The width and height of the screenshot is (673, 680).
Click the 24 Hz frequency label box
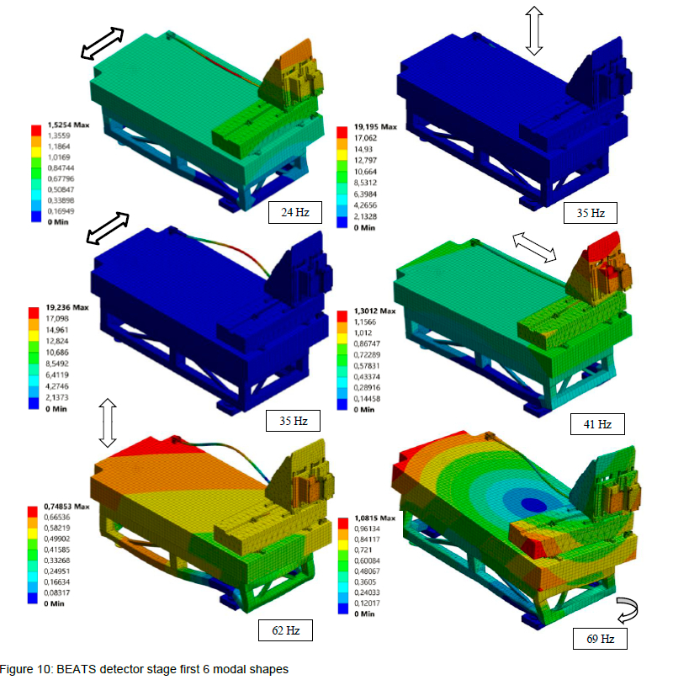point(295,212)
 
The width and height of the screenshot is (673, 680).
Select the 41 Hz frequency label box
point(597,424)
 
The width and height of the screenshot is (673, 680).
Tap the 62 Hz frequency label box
point(285,630)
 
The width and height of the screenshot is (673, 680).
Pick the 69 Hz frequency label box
point(600,639)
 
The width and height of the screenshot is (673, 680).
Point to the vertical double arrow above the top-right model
point(534,31)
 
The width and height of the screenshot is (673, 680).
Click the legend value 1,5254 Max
point(68,125)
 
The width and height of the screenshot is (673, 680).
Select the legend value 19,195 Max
point(375,126)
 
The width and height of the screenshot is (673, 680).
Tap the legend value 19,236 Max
point(67,307)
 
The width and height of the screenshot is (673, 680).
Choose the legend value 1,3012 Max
point(374,311)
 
